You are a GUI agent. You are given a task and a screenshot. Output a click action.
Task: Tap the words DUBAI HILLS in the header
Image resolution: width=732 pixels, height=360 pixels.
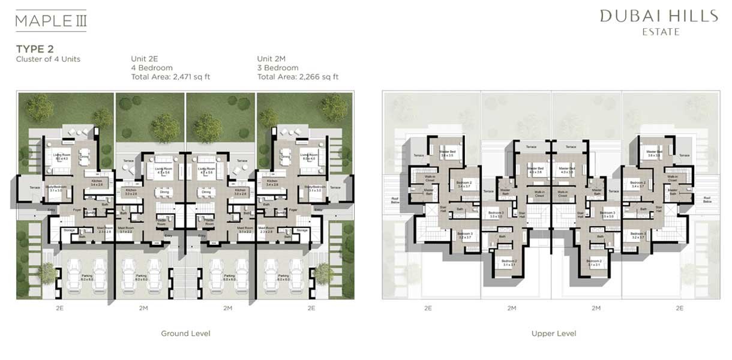[x=659, y=16]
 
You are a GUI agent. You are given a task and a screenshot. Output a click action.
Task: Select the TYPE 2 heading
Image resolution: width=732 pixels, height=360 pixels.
[x=35, y=49]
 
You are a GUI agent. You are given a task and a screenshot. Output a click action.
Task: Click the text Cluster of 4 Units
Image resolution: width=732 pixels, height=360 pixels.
[x=48, y=59]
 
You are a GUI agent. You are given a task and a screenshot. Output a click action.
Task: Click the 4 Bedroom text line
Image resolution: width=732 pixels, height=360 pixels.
[x=152, y=68]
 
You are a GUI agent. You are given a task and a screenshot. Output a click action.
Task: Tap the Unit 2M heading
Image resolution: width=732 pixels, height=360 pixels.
[x=272, y=59]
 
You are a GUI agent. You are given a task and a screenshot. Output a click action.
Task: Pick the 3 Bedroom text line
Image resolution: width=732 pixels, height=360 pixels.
[x=278, y=68]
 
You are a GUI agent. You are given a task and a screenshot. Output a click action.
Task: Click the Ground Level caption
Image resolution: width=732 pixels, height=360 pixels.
[x=185, y=334]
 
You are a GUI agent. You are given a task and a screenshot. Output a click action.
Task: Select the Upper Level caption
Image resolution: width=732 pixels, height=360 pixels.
[x=554, y=334]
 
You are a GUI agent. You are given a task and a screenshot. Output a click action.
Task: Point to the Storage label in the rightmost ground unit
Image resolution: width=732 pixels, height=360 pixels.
[x=302, y=230]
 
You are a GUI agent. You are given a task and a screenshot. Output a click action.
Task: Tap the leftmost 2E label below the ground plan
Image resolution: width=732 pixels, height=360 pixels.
[x=59, y=308]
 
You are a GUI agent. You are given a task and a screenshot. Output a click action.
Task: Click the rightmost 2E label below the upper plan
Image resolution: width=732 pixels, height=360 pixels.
[x=679, y=308]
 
